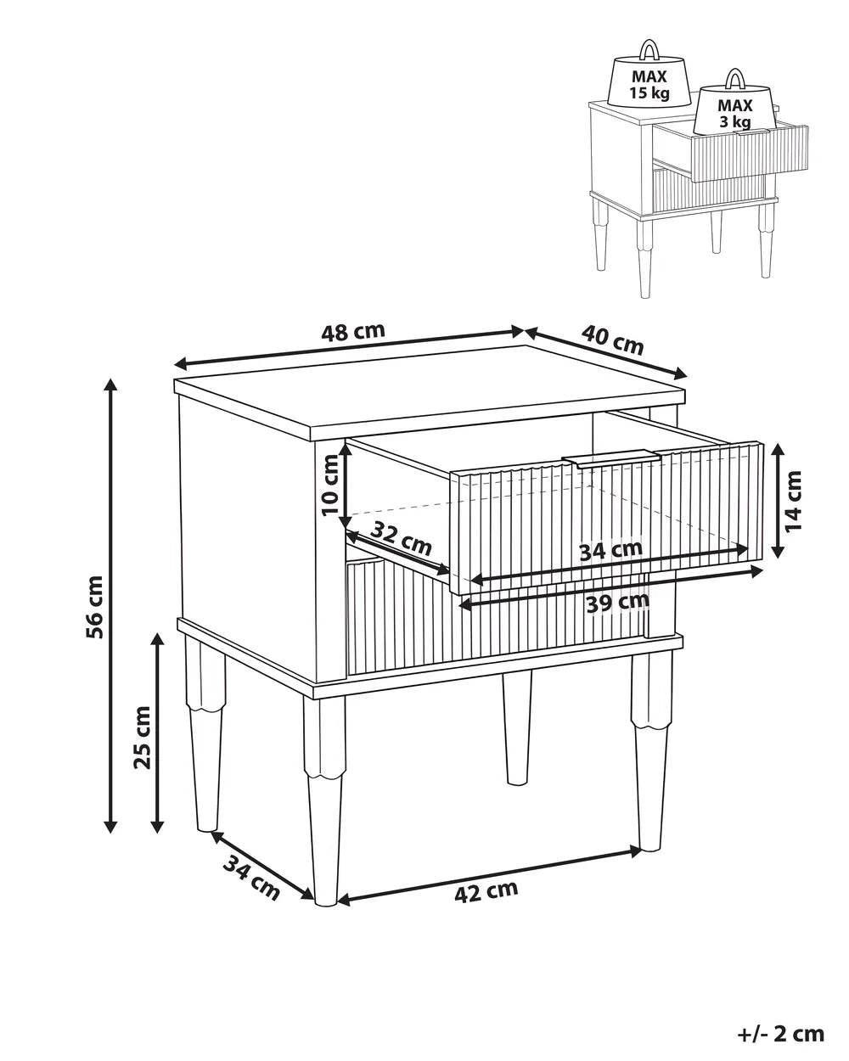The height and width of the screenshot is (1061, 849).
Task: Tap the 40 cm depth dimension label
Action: coord(613,340)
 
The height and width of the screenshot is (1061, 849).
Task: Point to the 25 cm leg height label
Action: coord(142,737)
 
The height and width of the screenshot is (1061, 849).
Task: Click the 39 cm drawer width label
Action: coord(617,602)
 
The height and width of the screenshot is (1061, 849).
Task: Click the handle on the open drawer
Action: coord(612,458)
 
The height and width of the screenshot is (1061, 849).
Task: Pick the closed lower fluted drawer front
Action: coord(496,616)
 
